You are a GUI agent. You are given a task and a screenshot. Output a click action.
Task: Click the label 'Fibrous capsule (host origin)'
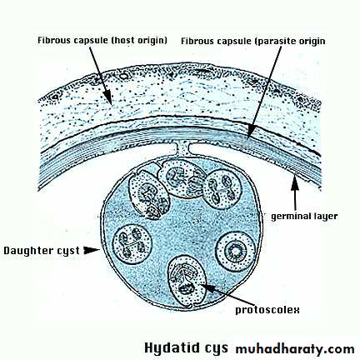pos(102,40)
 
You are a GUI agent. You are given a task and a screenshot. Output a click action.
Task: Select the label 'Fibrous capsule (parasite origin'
pos(253,41)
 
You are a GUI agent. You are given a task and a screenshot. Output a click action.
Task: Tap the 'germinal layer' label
pos(304,217)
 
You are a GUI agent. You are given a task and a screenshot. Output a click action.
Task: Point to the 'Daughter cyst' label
pos(42,251)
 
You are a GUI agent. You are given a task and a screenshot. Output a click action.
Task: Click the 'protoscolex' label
pos(267,310)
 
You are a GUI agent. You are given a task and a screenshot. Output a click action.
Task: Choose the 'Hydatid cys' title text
pos(186,347)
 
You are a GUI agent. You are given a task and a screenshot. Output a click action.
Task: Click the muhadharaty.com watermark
pos(295,349)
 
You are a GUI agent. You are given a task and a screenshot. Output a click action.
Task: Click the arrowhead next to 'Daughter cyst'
pos(92,250)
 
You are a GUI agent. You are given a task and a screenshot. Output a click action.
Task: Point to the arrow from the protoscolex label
pos(227,294)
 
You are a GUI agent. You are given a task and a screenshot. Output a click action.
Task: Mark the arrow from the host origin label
pos(101,76)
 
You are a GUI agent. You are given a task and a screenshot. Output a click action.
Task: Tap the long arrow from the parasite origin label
pos(264,92)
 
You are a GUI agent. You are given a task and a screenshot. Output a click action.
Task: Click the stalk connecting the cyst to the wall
pos(183,148)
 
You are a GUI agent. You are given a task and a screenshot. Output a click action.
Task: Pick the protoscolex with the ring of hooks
pos(235,252)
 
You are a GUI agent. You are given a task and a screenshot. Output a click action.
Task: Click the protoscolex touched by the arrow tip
pos(187,282)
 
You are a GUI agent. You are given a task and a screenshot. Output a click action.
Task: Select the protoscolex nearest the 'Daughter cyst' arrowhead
pos(132,244)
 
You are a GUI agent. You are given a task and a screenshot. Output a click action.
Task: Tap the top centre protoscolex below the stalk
pos(182,179)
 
